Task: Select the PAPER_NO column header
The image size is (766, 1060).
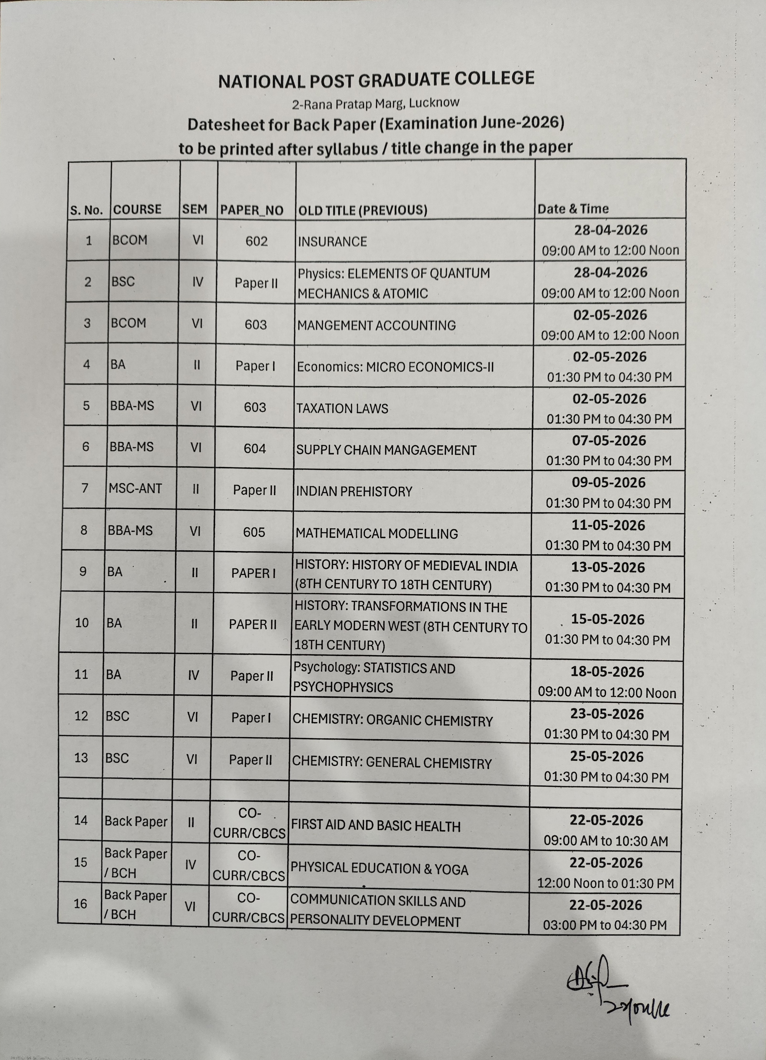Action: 252,210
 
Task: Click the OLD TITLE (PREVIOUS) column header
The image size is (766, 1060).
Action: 362,210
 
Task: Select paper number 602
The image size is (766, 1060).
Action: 256,241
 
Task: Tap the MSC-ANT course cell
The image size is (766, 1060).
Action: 135,488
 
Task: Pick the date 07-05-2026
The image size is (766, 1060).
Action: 609,441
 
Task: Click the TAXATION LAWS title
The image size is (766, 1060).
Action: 342,408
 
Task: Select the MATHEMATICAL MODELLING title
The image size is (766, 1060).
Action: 376,533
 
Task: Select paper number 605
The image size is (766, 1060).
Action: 254,532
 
